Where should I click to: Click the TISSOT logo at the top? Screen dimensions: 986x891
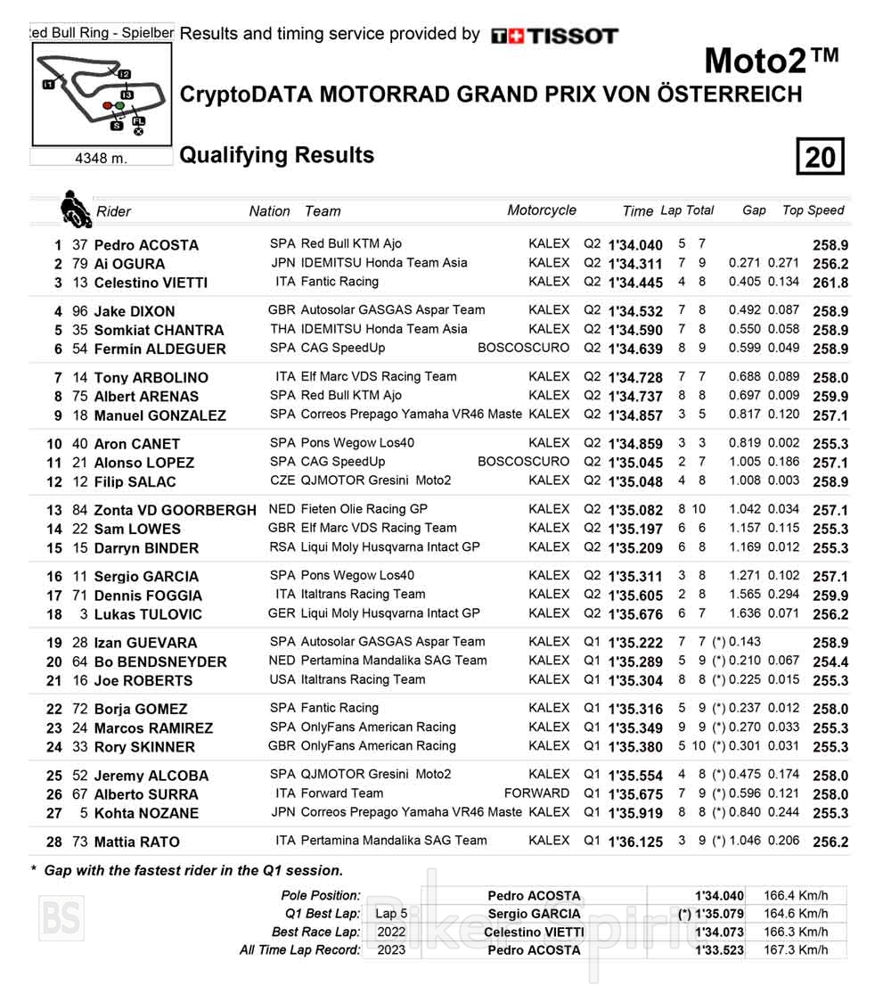pyautogui.click(x=554, y=36)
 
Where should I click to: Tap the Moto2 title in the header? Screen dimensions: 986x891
pyautogui.click(x=772, y=61)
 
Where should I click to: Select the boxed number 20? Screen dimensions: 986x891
pyautogui.click(x=820, y=158)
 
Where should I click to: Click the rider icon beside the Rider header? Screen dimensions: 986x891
pyautogui.click(x=75, y=210)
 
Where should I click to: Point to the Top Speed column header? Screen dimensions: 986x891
pyautogui.click(x=813, y=210)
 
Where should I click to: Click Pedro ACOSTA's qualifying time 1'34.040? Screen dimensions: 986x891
pyautogui.click(x=635, y=245)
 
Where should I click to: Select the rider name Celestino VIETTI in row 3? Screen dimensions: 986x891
pyautogui.click(x=151, y=283)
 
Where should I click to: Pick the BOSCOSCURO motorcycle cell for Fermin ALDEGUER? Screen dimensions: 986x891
pyautogui.click(x=523, y=348)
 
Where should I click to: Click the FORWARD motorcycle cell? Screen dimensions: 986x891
pyautogui.click(x=536, y=793)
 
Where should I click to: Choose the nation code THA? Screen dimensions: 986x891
pyautogui.click(x=282, y=329)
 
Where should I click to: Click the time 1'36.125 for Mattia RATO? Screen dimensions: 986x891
pyautogui.click(x=635, y=842)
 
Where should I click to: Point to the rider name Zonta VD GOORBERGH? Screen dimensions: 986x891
pyautogui.click(x=175, y=510)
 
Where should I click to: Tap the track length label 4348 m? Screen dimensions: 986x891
pyautogui.click(x=101, y=158)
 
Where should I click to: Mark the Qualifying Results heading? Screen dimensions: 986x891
pyautogui.click(x=277, y=155)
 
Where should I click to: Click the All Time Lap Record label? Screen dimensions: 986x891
pyautogui.click(x=300, y=949)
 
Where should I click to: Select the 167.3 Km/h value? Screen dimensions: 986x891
pyautogui.click(x=796, y=949)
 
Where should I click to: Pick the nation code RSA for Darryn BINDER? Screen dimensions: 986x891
pyautogui.click(x=282, y=546)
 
